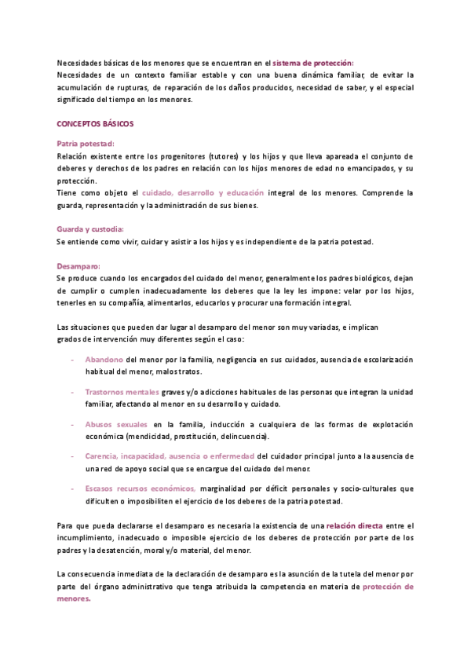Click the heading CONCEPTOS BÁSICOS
[x=95, y=124]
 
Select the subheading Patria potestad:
[x=86, y=144]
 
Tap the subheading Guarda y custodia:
[x=90, y=229]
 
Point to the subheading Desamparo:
[x=79, y=266]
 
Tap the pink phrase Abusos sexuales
[x=116, y=424]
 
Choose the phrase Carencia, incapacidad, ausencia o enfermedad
[x=170, y=456]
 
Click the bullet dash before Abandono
[x=72, y=359]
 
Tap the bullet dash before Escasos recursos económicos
[x=72, y=489]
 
